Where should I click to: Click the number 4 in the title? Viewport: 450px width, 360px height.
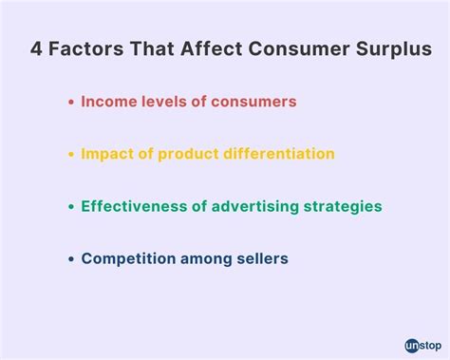(35, 47)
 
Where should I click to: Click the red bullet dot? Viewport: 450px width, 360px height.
(72, 101)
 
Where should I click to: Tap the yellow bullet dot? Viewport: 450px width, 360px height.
(72, 154)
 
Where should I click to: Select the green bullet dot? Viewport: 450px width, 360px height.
(72, 206)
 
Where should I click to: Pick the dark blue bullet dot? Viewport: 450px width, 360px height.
(72, 258)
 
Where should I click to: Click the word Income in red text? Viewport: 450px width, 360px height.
(107, 101)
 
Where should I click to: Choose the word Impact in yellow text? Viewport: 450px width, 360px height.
(107, 153)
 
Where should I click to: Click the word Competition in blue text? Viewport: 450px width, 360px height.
(124, 258)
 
